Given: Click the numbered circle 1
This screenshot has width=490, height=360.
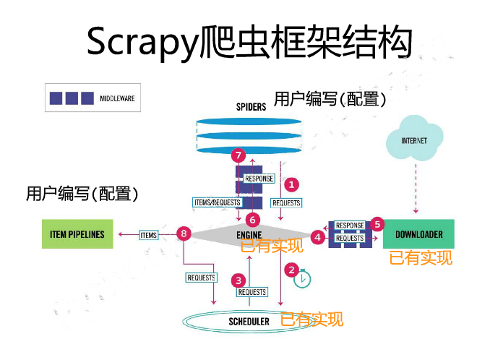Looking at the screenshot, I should pyautogui.click(x=292, y=184).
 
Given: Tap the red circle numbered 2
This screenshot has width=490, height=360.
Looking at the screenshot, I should pyautogui.click(x=292, y=270).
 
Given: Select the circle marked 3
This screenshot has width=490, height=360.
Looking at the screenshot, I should pyautogui.click(x=238, y=280).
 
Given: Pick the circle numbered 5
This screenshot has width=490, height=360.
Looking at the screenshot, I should pyautogui.click(x=377, y=224).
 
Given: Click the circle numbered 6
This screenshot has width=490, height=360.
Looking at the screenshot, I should pyautogui.click(x=252, y=219).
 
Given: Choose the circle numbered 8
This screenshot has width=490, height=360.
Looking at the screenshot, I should pyautogui.click(x=184, y=233).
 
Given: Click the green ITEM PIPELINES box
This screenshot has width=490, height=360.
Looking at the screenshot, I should pyautogui.click(x=77, y=234).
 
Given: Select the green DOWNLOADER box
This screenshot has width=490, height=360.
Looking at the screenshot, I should pyautogui.click(x=419, y=234).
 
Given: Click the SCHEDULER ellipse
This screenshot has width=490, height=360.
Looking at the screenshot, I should pyautogui.click(x=249, y=320).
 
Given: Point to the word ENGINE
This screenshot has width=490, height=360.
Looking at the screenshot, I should pyautogui.click(x=249, y=235).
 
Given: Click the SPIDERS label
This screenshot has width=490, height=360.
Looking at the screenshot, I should pyautogui.click(x=251, y=106).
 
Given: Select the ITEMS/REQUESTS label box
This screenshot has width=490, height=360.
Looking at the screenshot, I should pyautogui.click(x=217, y=202).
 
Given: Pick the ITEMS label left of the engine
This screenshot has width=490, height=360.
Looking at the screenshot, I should pyautogui.click(x=149, y=234).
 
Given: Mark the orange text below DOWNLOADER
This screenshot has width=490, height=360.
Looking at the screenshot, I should pyautogui.click(x=421, y=257).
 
